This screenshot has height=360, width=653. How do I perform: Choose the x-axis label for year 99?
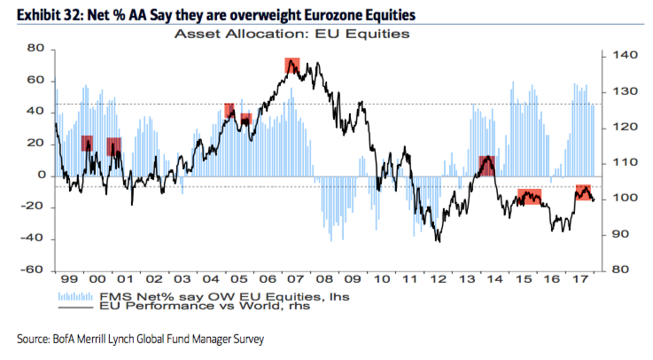[x=67, y=278]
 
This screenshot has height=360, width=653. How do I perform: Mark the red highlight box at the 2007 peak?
[x=293, y=66]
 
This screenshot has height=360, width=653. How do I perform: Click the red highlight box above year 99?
[x=87, y=143]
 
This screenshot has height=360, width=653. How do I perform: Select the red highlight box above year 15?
[x=529, y=197]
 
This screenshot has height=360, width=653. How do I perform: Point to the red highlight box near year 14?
[x=486, y=165]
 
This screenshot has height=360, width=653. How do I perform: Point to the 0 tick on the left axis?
[x=40, y=176]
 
